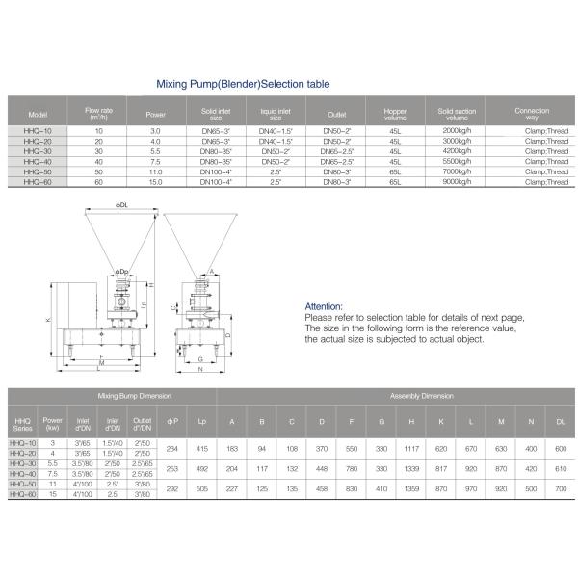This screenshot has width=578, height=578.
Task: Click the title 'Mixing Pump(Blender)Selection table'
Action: pos(243,85)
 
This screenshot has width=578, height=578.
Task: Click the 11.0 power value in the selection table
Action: pos(156,171)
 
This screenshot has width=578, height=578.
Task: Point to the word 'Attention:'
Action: pos(324,306)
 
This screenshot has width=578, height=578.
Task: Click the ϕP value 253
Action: pos(172,467)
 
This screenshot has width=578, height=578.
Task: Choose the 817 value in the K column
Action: pos(441,467)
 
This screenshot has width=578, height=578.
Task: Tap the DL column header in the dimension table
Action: pos(561,421)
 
